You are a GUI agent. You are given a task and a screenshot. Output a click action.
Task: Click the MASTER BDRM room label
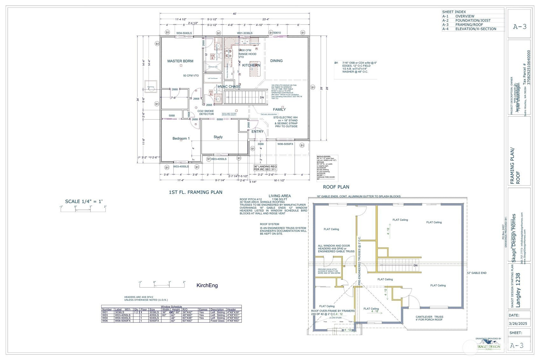click(180, 61)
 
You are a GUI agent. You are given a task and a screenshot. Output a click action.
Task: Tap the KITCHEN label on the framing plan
click(251, 65)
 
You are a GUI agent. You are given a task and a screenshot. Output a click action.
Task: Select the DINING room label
click(276, 61)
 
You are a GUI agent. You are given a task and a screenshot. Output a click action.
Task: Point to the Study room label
click(218, 137)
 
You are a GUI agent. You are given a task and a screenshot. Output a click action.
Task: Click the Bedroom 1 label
click(181, 138)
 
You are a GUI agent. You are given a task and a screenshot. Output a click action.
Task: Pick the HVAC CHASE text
click(229, 87)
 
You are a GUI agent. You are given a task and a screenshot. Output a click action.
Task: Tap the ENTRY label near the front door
click(257, 131)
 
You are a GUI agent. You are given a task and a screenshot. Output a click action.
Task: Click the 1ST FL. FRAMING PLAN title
click(195, 192)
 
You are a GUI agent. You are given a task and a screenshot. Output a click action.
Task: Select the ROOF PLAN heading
click(336, 187)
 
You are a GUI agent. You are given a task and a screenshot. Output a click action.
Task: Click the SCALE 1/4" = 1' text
click(84, 201)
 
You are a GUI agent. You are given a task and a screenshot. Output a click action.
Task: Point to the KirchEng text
click(207, 286)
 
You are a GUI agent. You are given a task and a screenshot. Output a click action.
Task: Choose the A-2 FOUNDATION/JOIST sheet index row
click(473, 20)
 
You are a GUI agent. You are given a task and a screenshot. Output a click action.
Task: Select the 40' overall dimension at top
click(235, 14)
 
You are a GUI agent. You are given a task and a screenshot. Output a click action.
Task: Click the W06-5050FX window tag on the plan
click(285, 144)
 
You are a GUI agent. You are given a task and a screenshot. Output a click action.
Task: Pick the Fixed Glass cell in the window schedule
click(218, 321)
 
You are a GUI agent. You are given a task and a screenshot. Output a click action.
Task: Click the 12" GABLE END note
click(476, 273)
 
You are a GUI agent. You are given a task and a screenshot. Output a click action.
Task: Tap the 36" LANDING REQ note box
click(265, 168)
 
